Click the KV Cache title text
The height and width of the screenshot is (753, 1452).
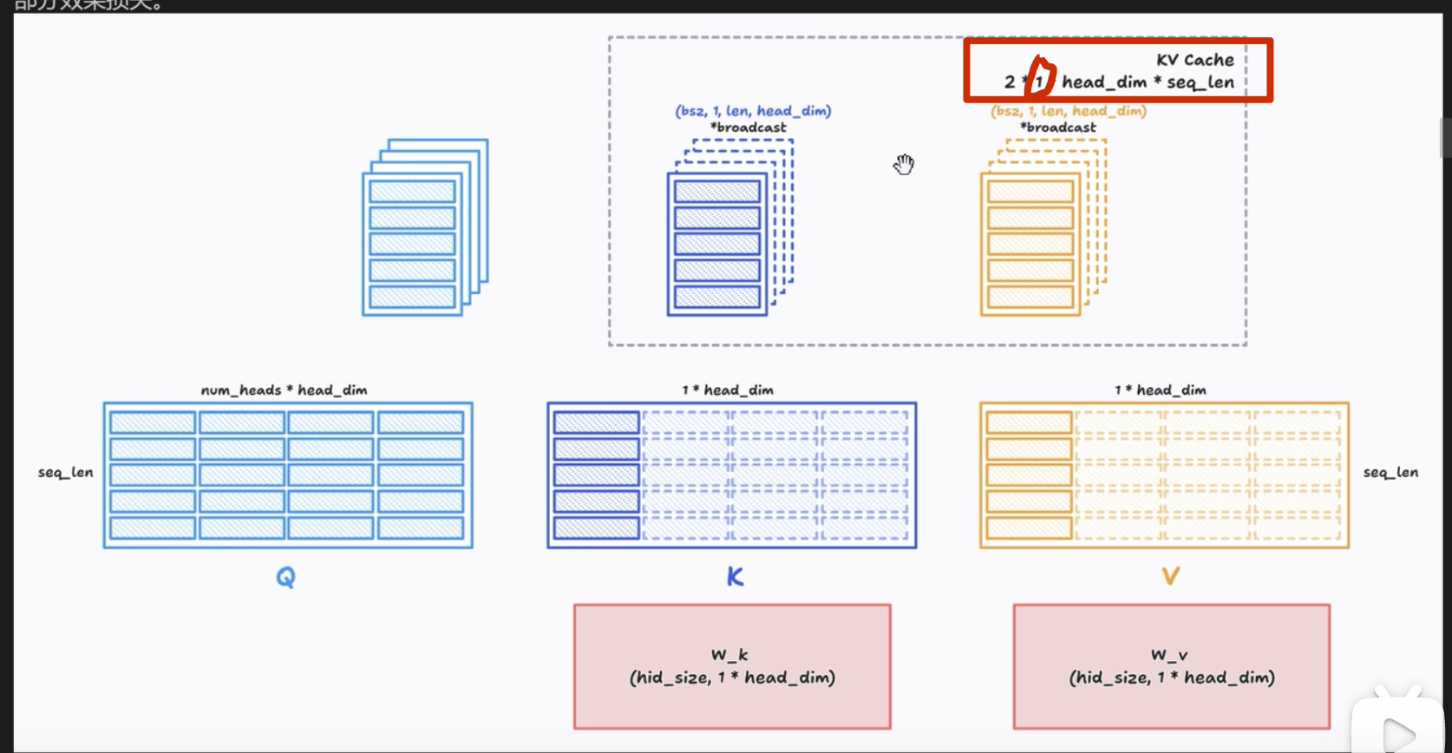pyautogui.click(x=1194, y=60)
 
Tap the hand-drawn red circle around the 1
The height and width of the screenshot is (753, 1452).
pyautogui.click(x=1040, y=77)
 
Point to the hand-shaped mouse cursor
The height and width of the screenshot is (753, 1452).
pyautogui.click(x=904, y=164)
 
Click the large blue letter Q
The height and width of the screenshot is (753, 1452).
pyautogui.click(x=285, y=577)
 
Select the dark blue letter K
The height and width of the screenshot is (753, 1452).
pyautogui.click(x=735, y=577)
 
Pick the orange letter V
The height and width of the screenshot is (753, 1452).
pyautogui.click(x=1170, y=577)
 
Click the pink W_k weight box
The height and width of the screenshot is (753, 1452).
pyautogui.click(x=732, y=666)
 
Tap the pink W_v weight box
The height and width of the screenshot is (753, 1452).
pyautogui.click(x=1171, y=666)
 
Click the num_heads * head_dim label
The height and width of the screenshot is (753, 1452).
pyautogui.click(x=284, y=390)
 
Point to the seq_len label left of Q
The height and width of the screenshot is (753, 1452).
pyautogui.click(x=65, y=473)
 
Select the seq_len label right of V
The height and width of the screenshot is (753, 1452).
pyautogui.click(x=1390, y=473)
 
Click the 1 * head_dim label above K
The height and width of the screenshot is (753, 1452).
pyautogui.click(x=727, y=390)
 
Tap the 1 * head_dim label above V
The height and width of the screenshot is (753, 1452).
pyautogui.click(x=1160, y=390)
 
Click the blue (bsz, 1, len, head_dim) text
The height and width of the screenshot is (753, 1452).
pyautogui.click(x=753, y=111)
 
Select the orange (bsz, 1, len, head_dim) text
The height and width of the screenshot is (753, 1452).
pyautogui.click(x=1068, y=111)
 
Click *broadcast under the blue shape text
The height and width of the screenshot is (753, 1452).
pyautogui.click(x=748, y=128)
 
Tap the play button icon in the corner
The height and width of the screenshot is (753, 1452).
pyautogui.click(x=1397, y=733)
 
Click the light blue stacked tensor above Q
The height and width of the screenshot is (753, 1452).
pyautogui.click(x=424, y=228)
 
